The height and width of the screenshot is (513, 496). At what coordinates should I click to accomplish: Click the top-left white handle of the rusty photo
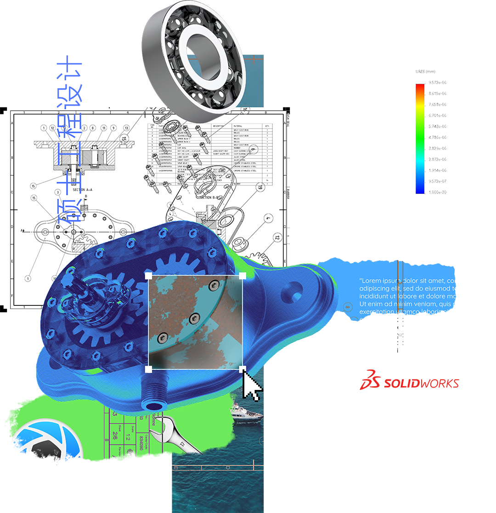(148, 275)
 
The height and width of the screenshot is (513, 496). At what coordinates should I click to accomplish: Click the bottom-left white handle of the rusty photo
(148, 369)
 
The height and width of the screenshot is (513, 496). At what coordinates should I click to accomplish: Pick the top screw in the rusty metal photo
(212, 287)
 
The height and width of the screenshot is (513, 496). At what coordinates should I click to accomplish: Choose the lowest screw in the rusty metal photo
(162, 338)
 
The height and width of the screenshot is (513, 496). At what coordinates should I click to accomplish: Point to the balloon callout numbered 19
(259, 187)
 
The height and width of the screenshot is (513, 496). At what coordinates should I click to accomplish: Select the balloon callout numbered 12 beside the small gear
(276, 237)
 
